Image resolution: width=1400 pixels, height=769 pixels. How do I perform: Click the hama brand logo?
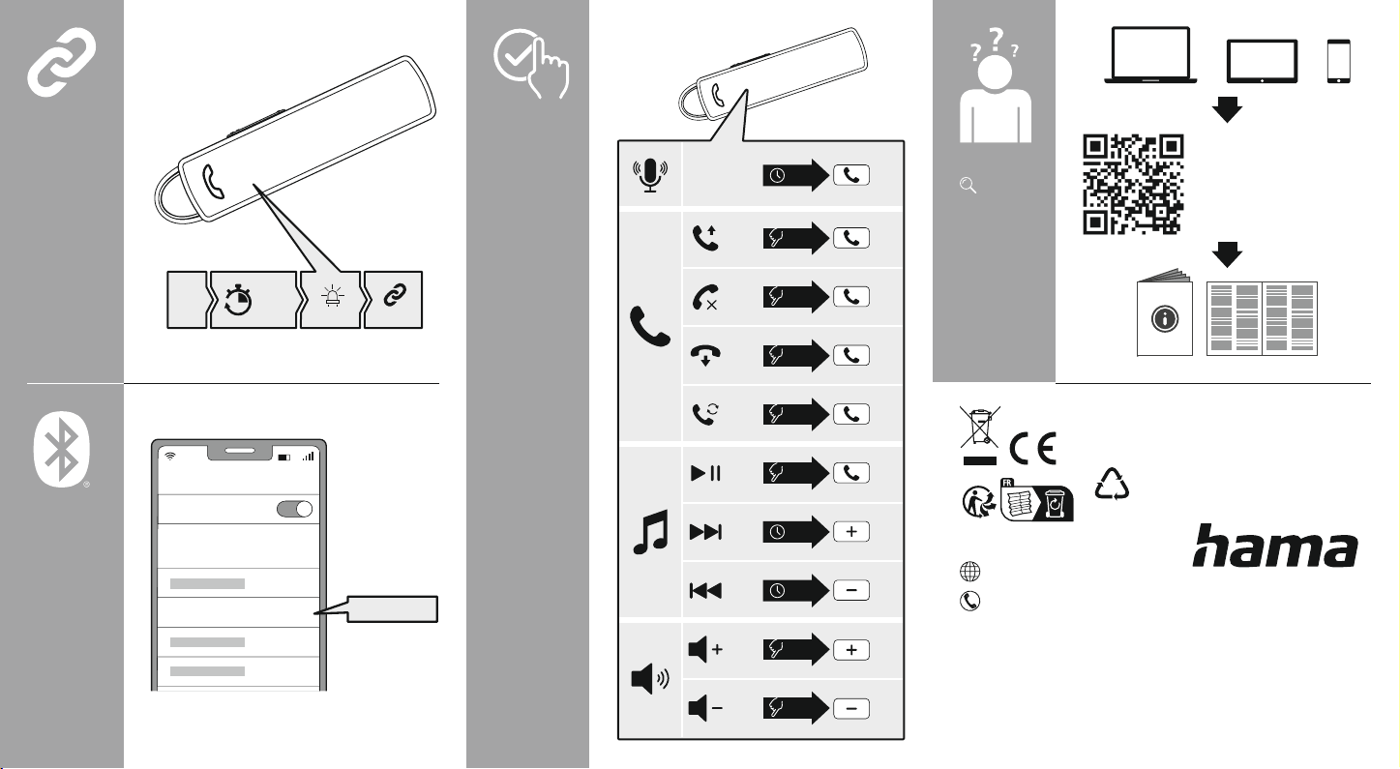1274,547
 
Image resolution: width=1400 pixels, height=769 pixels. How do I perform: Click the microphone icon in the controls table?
650,175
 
